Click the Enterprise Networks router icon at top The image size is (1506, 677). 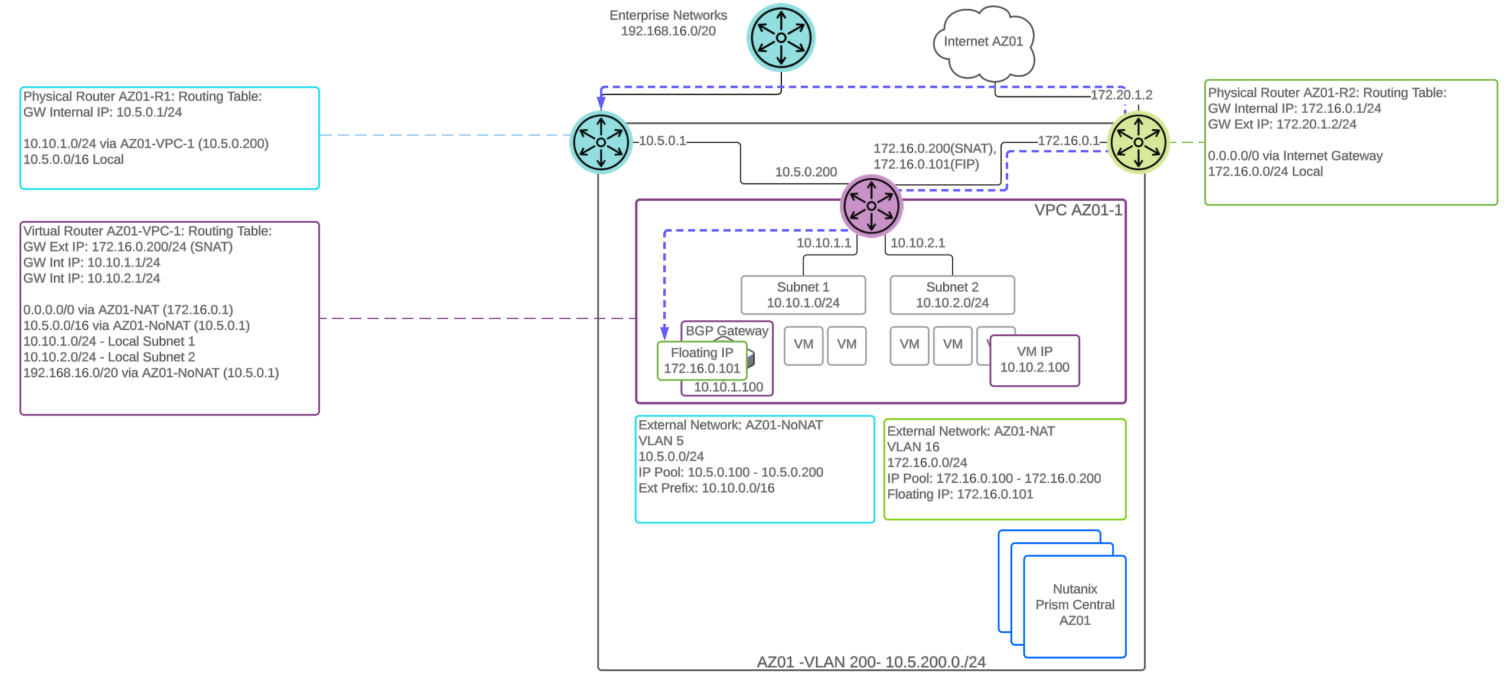[x=781, y=37]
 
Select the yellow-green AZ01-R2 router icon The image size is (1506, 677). [x=1137, y=142]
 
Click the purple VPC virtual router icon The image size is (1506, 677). [x=871, y=206]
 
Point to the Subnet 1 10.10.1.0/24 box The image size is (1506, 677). [x=803, y=295]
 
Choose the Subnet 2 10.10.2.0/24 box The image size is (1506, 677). [x=952, y=295]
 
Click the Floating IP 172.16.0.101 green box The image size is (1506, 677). [x=702, y=360]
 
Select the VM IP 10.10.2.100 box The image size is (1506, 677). [x=1034, y=360]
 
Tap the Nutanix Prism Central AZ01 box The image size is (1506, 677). [x=1074, y=605]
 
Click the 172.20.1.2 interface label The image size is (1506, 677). [x=1120, y=95]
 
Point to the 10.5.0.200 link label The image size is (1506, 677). [x=806, y=172]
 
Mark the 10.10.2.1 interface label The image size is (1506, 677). [x=917, y=243]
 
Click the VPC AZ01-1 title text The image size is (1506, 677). [x=1077, y=210]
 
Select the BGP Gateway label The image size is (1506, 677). [x=726, y=331]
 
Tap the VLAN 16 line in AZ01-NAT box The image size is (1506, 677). [x=912, y=447]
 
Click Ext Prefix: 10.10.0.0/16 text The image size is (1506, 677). [x=706, y=488]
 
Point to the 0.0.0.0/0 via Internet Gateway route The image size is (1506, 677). [x=1295, y=156]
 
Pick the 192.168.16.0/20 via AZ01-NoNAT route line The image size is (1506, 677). [x=151, y=373]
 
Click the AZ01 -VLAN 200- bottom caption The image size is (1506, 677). [x=871, y=662]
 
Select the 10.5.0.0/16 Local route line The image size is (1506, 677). [x=73, y=160]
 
